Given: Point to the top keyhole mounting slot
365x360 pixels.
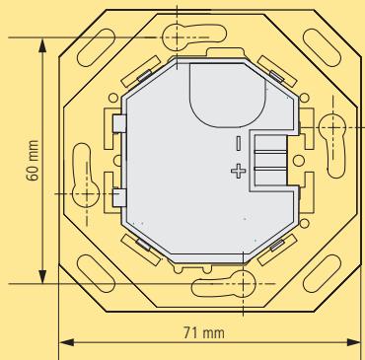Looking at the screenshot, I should coord(179,36).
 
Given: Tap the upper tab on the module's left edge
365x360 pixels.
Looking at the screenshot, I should coord(118,123).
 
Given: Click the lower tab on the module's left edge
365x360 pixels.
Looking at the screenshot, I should coord(118,196).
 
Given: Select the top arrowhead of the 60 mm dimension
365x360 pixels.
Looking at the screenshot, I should coord(41,44).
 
